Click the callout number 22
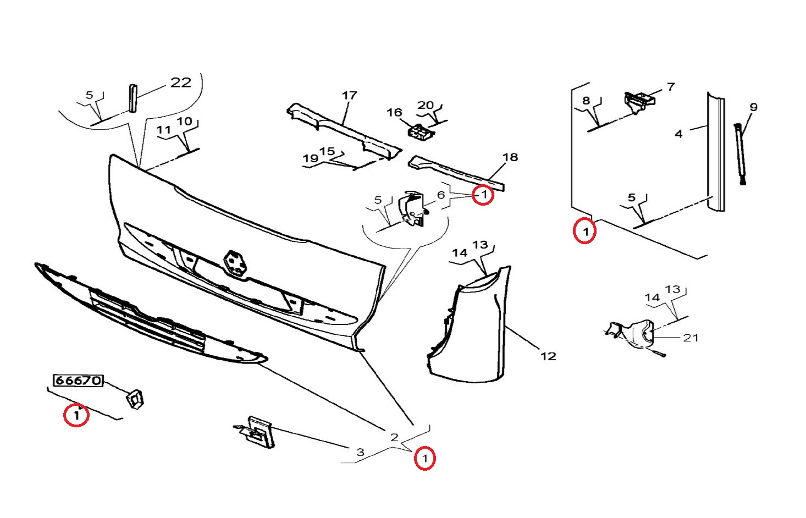(x=180, y=82)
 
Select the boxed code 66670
(x=78, y=380)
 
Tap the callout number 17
(x=349, y=95)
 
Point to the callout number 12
(x=548, y=356)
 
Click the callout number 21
(x=691, y=338)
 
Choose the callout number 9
(x=753, y=107)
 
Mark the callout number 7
(x=671, y=86)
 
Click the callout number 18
(x=510, y=157)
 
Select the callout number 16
(x=394, y=113)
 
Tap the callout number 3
(x=360, y=452)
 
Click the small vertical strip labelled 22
(x=133, y=98)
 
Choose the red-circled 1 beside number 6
(x=483, y=195)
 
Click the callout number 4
(x=678, y=134)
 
